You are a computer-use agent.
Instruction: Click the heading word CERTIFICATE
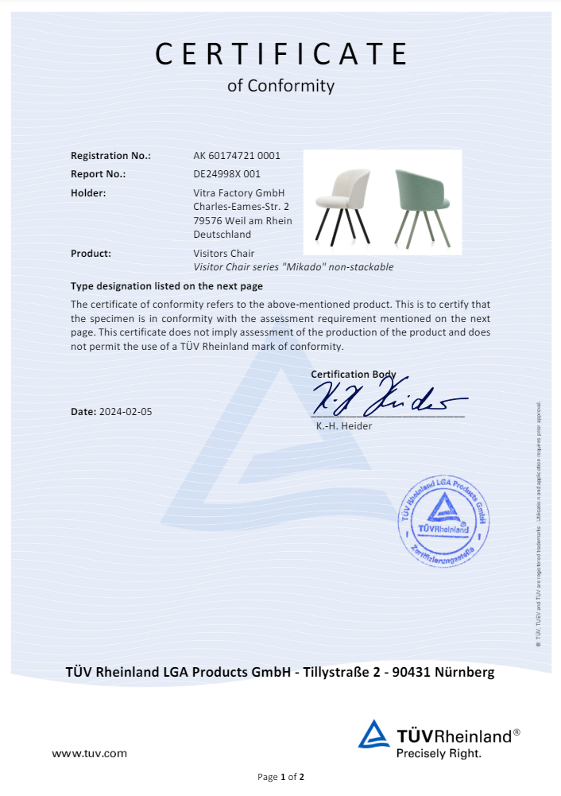280,53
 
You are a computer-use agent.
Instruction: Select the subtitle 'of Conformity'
280,86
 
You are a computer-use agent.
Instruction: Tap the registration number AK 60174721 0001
237,156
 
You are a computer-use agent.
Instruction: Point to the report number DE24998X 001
227,173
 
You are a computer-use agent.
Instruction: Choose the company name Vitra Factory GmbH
238,192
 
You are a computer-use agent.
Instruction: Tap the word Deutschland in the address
222,235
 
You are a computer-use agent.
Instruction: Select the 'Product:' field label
91,254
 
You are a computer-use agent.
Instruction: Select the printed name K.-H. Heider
344,425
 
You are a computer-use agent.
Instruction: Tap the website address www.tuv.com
89,753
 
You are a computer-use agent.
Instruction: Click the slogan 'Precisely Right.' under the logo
439,752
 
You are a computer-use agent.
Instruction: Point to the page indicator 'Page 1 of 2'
280,777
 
